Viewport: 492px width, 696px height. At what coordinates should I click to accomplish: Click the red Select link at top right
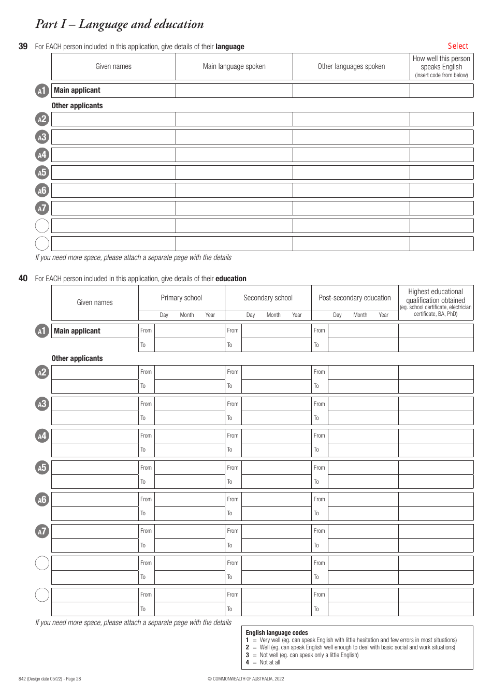458,46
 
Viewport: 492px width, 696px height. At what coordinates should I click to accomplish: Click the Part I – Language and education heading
120,24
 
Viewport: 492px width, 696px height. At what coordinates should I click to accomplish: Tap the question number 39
23,47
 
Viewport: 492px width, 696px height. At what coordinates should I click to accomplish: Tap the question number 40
23,279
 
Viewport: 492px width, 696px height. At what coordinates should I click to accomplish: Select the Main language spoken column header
234,66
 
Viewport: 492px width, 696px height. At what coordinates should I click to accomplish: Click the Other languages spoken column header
351,66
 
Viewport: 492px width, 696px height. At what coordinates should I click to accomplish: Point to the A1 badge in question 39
42,91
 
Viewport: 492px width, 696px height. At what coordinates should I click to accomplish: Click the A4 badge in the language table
42,155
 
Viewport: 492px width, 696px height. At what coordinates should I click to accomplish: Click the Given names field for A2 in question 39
113,120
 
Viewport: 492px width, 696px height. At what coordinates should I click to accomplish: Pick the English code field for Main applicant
441,91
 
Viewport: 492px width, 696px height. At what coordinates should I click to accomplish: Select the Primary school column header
181,298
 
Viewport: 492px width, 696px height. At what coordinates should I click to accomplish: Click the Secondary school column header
268,298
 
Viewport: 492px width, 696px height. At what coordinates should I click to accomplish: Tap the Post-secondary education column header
355,298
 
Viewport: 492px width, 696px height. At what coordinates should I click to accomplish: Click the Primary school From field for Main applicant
189,331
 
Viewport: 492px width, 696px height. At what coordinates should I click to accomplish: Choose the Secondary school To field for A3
276,418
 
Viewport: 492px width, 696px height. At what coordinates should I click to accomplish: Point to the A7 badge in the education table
42,531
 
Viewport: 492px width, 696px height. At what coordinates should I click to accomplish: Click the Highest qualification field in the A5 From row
436,468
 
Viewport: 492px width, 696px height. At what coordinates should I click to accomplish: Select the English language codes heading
277,633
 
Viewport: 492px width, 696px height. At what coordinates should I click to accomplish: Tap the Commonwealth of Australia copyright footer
245,679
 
